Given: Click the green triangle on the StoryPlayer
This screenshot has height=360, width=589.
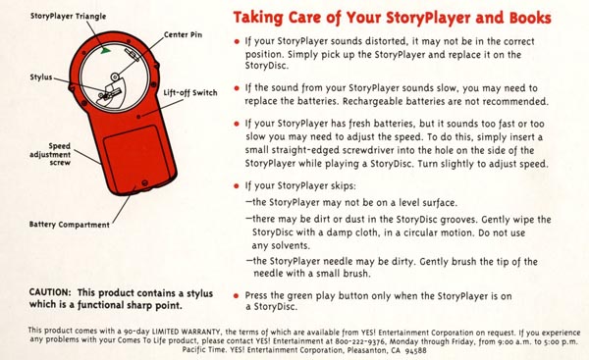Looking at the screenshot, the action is point(106,50).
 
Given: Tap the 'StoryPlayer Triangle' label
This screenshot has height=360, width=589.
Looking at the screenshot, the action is point(68,16).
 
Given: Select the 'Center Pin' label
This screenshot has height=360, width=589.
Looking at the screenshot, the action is point(183,35).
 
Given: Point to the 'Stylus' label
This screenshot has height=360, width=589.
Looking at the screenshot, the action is point(41,77).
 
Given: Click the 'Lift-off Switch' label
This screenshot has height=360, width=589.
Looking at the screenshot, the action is point(190,93).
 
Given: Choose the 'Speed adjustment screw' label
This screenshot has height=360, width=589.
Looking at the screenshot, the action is point(50,154).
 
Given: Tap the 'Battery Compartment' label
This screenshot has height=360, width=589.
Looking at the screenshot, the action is point(70,225).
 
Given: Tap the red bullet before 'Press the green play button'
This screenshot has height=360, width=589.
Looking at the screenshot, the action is point(236,296).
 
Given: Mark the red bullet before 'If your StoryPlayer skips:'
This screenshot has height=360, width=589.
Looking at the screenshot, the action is point(237,185).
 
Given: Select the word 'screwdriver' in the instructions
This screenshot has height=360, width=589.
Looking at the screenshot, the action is point(366,150).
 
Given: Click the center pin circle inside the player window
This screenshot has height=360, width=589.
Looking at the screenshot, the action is point(115,77).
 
